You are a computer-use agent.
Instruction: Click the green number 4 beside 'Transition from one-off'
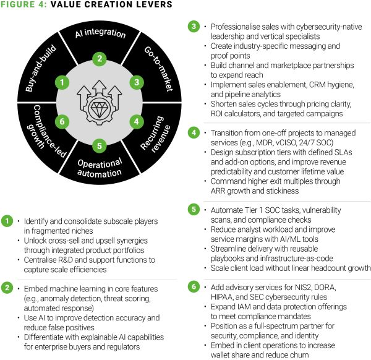[194, 132]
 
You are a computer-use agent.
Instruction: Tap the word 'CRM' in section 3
[310, 85]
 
